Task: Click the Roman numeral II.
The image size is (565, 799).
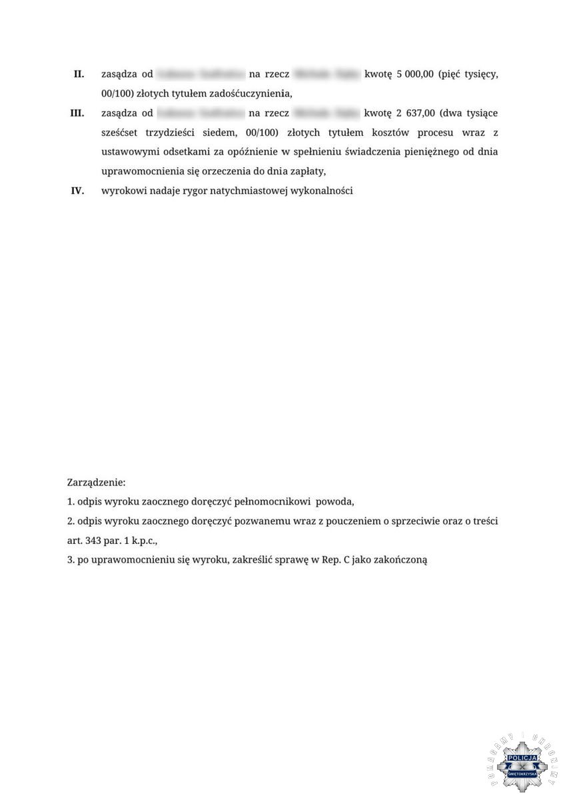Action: tap(79, 74)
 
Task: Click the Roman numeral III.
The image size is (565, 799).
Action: tap(77, 113)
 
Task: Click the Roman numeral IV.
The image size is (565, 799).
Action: tap(77, 191)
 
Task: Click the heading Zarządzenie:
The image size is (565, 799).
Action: tap(97, 481)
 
